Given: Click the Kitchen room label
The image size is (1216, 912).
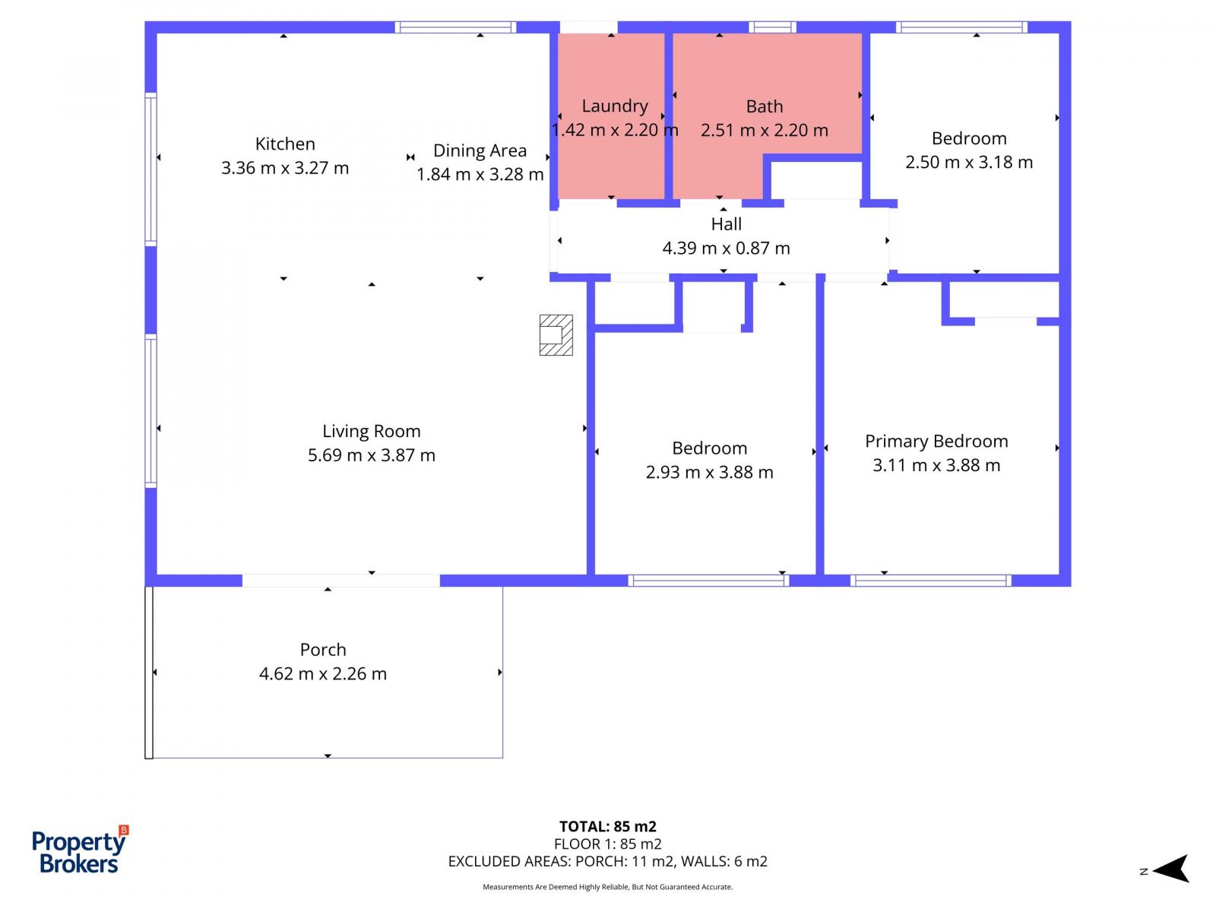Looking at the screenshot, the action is (x=285, y=144).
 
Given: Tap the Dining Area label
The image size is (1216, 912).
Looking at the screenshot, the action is (x=480, y=150).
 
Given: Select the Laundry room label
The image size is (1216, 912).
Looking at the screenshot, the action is (x=614, y=106).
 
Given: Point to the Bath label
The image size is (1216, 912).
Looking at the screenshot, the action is (x=764, y=106).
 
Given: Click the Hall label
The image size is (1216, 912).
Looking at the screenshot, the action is (x=726, y=224).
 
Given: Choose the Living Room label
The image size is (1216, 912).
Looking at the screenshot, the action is (x=371, y=432).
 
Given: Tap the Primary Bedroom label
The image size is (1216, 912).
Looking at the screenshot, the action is (x=936, y=442).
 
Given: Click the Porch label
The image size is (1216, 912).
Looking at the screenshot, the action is (x=323, y=650).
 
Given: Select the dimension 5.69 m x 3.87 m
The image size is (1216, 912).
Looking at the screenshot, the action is (x=371, y=455).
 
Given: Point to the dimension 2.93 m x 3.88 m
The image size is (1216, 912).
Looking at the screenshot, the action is (x=709, y=472).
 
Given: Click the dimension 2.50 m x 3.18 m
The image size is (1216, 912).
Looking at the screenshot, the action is (x=969, y=162).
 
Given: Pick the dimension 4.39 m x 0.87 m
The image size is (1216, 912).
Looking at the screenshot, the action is (x=726, y=248).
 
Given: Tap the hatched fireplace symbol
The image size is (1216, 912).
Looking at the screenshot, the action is (x=556, y=335).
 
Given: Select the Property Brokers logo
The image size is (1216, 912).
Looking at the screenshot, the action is (x=80, y=849).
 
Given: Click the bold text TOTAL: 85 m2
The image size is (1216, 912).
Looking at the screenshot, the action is (x=607, y=826).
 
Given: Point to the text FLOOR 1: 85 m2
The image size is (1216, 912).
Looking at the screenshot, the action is (x=607, y=844).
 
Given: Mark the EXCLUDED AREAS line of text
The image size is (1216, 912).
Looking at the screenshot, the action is (x=607, y=862).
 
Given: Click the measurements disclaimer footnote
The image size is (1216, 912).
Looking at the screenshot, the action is (x=607, y=887).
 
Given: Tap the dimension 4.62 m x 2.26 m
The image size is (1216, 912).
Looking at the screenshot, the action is (x=323, y=674).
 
